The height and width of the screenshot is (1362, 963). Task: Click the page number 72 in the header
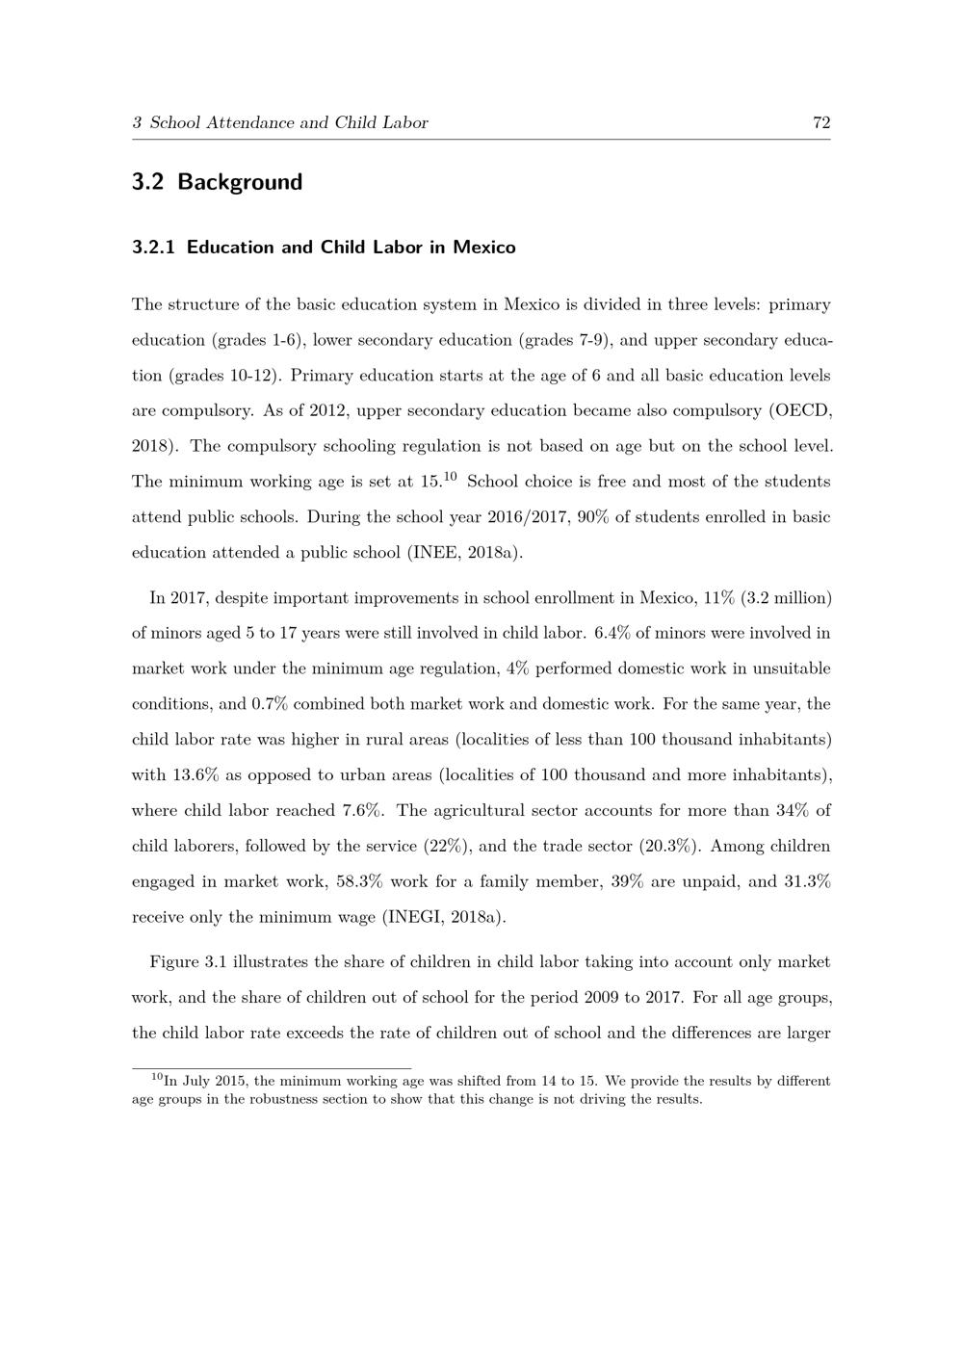(x=821, y=122)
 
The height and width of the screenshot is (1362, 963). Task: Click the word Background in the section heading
(x=240, y=182)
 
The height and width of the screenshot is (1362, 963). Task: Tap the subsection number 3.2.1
(x=153, y=248)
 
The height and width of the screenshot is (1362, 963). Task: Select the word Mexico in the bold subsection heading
(x=484, y=248)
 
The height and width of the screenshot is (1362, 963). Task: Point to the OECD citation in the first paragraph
(x=802, y=410)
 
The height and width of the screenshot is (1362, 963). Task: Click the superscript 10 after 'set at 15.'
(x=450, y=476)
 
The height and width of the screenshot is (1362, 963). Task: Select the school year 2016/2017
(x=524, y=517)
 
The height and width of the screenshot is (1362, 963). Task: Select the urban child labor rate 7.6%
(x=361, y=811)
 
